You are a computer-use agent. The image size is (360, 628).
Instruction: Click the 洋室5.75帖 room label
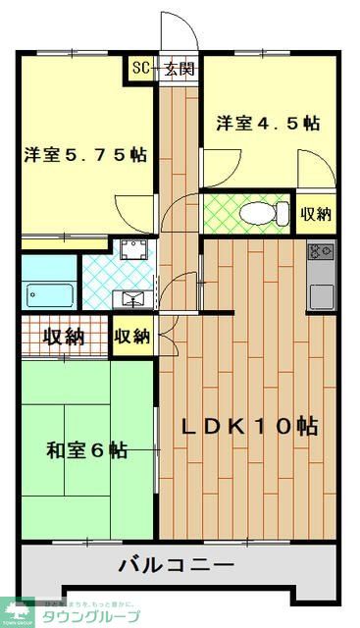(x=85, y=154)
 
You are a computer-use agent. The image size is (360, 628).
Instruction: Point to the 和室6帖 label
(x=85, y=450)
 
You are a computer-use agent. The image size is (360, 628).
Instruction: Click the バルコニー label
(x=177, y=565)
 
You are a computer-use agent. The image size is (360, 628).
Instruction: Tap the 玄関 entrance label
(x=180, y=69)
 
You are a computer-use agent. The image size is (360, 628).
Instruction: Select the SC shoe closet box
(x=140, y=69)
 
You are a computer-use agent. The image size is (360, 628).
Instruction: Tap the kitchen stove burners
(x=321, y=252)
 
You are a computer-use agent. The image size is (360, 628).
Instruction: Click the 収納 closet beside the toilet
(x=315, y=213)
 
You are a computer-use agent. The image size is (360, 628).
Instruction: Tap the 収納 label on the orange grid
(x=63, y=337)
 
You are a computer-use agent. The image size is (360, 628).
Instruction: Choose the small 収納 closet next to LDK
(x=132, y=337)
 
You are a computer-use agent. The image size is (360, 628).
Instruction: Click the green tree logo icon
(x=17, y=610)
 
